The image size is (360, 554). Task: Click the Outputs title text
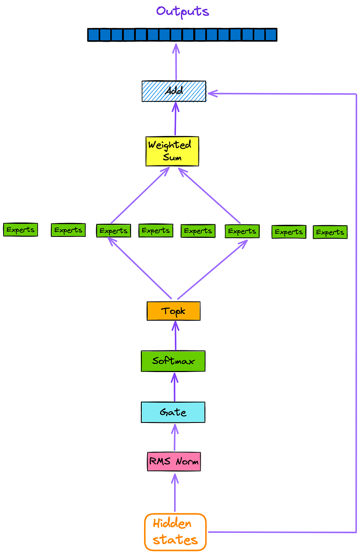(x=183, y=11)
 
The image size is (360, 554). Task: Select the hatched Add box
(x=174, y=91)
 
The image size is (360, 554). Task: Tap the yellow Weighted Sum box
(x=172, y=151)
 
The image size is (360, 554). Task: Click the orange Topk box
(x=173, y=311)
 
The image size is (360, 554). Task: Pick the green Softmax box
(x=173, y=361)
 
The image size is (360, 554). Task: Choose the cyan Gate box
(x=173, y=412)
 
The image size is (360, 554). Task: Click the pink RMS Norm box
(x=174, y=462)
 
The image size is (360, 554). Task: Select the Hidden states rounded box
(x=175, y=532)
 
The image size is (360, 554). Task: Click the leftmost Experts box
(x=20, y=230)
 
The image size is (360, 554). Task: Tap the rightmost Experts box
(x=330, y=232)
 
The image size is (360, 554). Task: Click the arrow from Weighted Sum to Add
(x=175, y=119)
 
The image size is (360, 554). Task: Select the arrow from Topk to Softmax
(x=175, y=336)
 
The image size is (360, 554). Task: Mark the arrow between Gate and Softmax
(x=175, y=386)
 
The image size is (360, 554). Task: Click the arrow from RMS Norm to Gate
(x=175, y=437)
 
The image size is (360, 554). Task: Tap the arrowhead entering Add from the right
(x=211, y=94)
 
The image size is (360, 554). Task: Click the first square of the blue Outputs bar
(x=93, y=35)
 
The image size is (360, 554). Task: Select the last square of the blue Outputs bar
(x=270, y=35)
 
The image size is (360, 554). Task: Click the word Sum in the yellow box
(x=172, y=158)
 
